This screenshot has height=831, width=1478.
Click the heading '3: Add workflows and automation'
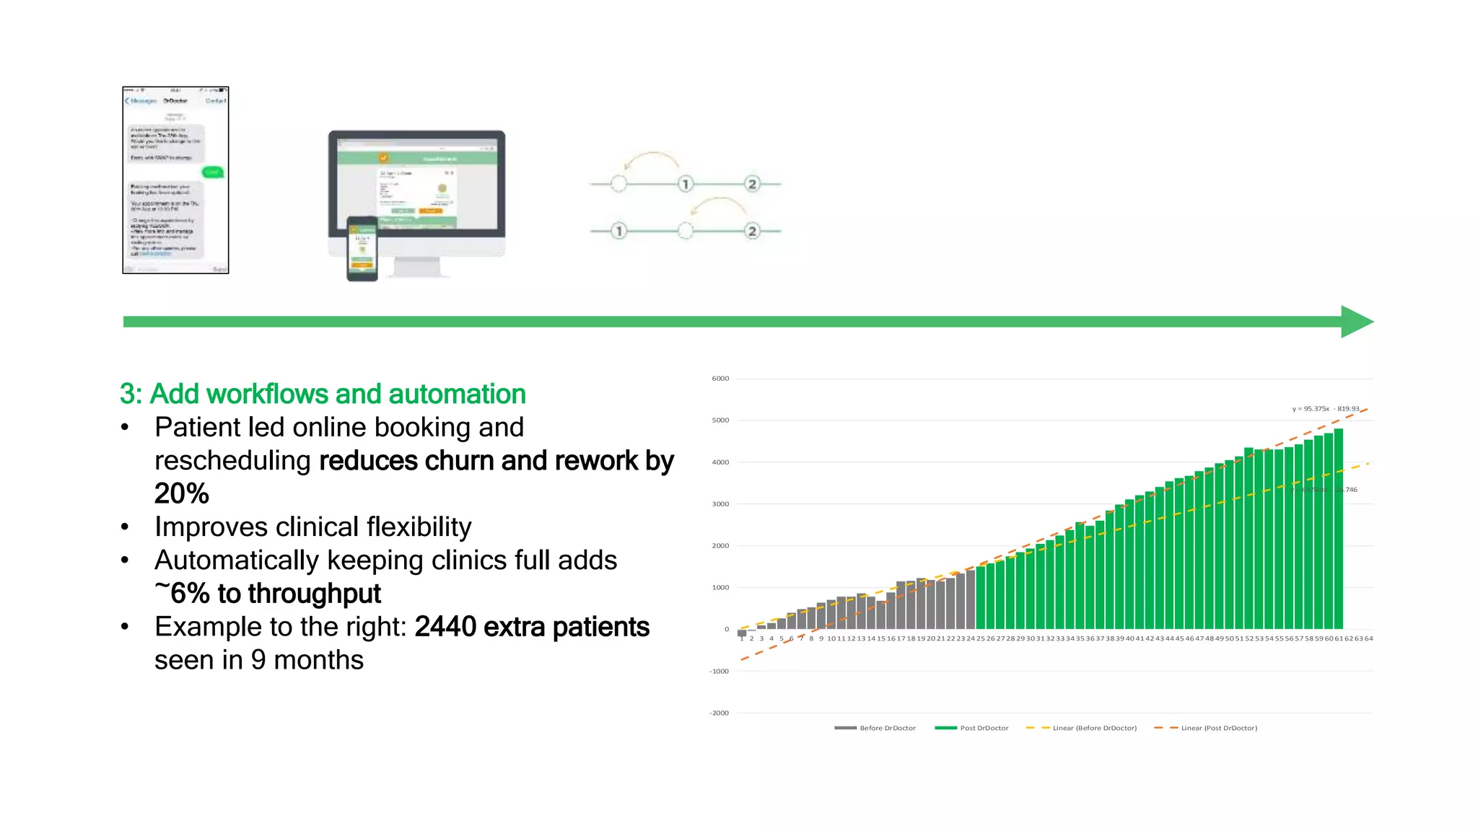coord(323,394)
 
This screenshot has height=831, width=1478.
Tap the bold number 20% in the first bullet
coord(182,494)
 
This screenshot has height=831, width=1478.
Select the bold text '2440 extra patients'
coord(532,627)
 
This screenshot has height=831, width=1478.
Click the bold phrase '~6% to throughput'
coord(268,594)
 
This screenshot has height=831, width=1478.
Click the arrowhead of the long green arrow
coord(1356,322)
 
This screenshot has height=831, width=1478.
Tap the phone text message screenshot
coord(175,180)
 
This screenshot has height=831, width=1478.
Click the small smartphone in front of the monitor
coord(362,248)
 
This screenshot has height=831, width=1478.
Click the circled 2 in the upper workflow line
coord(752,184)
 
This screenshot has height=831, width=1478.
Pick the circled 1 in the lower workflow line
coord(618,231)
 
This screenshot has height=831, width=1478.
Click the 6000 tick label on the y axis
coord(720,379)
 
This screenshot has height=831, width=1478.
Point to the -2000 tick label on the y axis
coord(720,713)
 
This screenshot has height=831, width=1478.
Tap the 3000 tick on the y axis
coord(720,504)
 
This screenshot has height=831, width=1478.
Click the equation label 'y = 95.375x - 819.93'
coord(1325,409)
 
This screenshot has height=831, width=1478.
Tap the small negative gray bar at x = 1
coord(742,633)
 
